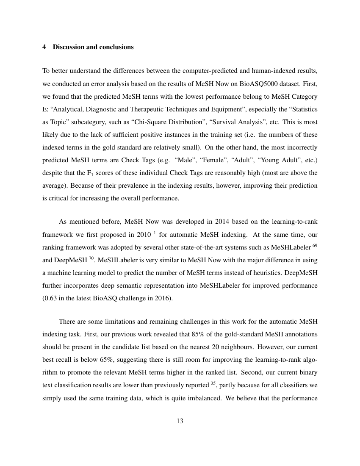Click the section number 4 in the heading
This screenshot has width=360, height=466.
pos(44,47)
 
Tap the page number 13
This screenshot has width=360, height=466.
pos(180,421)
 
